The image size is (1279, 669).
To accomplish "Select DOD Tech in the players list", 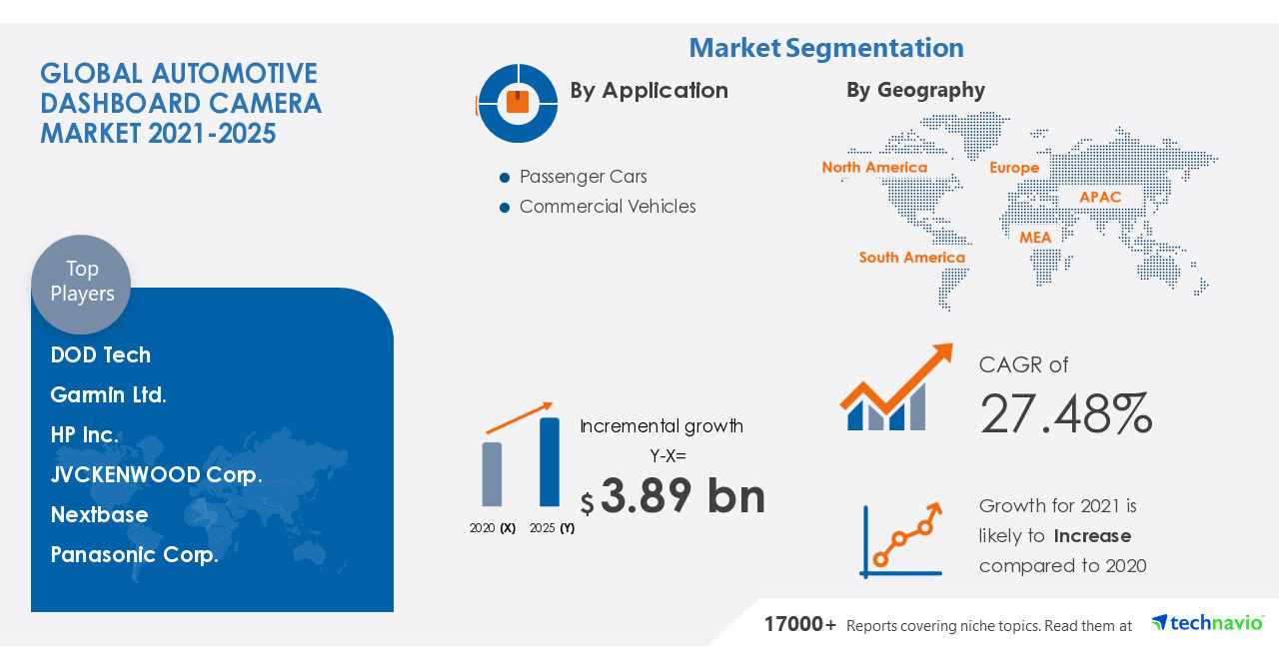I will click(101, 355).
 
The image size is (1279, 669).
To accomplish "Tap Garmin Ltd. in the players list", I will click(109, 395).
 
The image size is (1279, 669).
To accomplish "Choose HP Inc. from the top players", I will click(85, 435).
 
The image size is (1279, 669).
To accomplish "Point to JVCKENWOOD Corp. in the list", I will click(157, 475).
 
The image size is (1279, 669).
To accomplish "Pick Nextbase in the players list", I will click(100, 515).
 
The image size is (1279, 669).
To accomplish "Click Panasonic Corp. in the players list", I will click(135, 555).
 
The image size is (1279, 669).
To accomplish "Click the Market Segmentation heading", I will click(826, 48).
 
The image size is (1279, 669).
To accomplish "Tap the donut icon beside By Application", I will click(518, 103).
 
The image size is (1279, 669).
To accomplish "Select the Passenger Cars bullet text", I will click(584, 177).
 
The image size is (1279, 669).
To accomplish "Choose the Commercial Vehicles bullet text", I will click(608, 207).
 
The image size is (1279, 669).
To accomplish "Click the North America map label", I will click(874, 168).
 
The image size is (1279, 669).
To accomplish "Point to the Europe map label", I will click(1014, 168).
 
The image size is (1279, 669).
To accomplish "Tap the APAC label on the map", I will click(1100, 198).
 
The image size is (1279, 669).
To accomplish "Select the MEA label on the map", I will click(1035, 238).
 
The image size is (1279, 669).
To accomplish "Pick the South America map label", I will click(912, 258).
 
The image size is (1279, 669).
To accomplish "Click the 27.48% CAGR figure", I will click(1066, 414).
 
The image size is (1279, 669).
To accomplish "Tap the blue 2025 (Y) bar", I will click(550, 461).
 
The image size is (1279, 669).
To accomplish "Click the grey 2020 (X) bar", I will click(492, 473).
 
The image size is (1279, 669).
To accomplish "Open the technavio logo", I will click(1207, 623).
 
